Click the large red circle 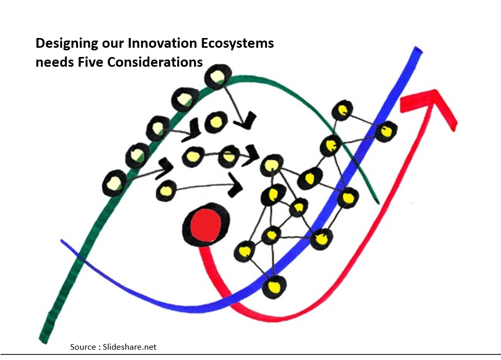pos(205,224)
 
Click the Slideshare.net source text pos(130,347)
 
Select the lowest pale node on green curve pos(114,183)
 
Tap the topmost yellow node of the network pos(342,110)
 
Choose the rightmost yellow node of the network pos(386,131)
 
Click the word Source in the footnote pos(83,347)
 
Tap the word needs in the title pos(51,62)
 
